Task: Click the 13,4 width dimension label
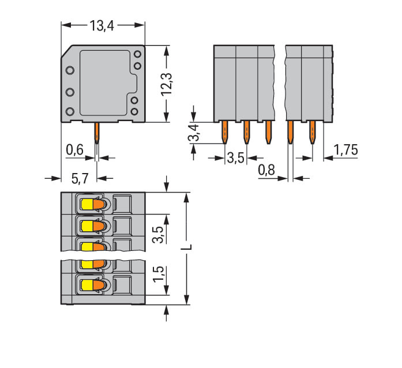pos(102,25)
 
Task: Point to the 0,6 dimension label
pos(75,151)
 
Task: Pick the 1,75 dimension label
pos(345,151)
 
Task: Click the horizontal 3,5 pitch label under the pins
pos(235,157)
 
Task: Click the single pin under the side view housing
pos(97,134)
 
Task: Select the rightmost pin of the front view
pos(313,132)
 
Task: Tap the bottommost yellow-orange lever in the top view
pos(92,284)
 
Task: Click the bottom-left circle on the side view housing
pos(70,111)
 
